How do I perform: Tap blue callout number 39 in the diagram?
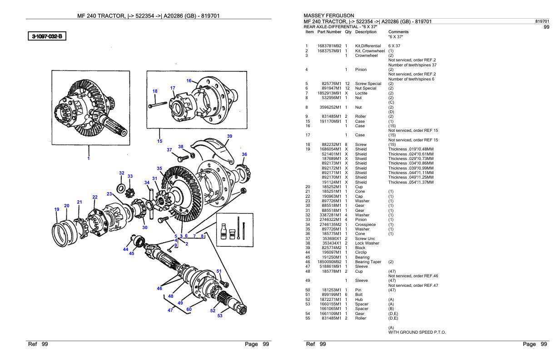tap(229, 136)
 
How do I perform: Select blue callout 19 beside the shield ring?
tap(57, 210)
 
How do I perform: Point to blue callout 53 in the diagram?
tap(220, 315)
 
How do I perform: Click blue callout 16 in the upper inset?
tap(189, 80)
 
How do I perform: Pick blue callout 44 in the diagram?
tap(125, 249)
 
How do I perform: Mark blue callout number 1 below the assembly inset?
tap(89, 159)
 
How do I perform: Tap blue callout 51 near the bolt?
tap(219, 271)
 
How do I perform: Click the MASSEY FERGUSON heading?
tap(328, 15)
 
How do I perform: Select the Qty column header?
tap(348, 32)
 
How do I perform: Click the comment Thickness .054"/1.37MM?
tap(411, 182)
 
